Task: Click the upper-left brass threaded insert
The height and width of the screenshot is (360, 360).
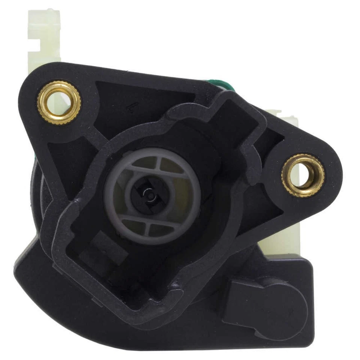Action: point(59,102)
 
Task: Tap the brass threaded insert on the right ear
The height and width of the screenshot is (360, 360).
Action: point(303,175)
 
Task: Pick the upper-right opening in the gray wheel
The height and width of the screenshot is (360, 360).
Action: point(172,165)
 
